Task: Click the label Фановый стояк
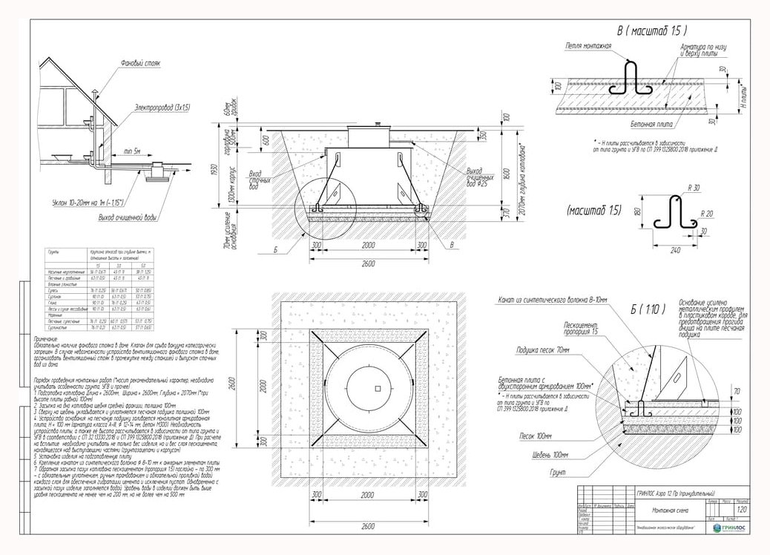coord(140,64)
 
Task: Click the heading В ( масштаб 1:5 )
coord(652,30)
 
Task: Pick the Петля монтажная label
coord(588,46)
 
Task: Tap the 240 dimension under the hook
coord(675,251)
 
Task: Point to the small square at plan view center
coord(377,388)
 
